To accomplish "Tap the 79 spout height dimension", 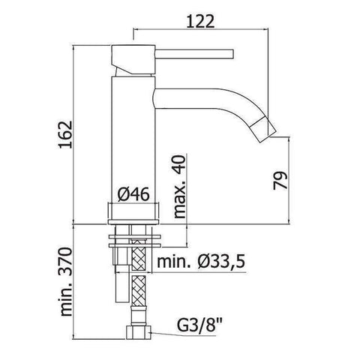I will coord(279,181).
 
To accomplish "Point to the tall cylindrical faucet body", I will coord(133,135).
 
